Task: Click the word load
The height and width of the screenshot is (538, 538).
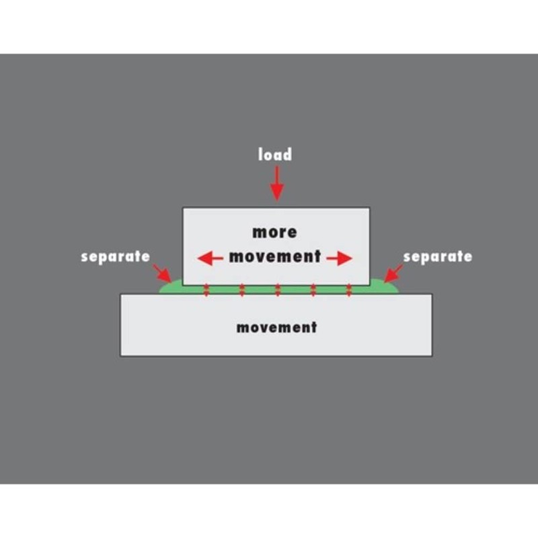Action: click(275, 155)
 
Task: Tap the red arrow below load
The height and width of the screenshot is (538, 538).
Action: click(277, 183)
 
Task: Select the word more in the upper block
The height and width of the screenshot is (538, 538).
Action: click(274, 232)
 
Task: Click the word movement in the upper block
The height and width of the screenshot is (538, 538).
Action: click(275, 257)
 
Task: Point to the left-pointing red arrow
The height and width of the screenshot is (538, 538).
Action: click(210, 258)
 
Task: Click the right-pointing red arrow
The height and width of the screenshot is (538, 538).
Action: click(340, 258)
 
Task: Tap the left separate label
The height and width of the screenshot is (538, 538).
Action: click(115, 257)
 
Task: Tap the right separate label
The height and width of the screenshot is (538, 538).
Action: click(438, 257)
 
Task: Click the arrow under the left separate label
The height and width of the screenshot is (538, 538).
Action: click(162, 273)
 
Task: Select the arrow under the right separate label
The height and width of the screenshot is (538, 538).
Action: click(393, 273)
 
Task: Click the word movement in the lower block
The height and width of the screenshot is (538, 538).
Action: click(276, 328)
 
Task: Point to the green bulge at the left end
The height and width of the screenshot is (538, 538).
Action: click(171, 287)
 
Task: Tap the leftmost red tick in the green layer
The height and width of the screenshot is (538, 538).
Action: click(206, 291)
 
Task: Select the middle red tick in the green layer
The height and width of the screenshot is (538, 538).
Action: click(278, 291)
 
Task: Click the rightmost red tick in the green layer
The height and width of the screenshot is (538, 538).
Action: click(349, 291)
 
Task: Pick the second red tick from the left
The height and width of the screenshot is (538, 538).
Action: click(242, 291)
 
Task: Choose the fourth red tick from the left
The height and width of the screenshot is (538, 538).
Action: click(313, 291)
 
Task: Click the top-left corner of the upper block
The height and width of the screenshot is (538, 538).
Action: click(183, 208)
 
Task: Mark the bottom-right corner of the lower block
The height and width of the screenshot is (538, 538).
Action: click(432, 356)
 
